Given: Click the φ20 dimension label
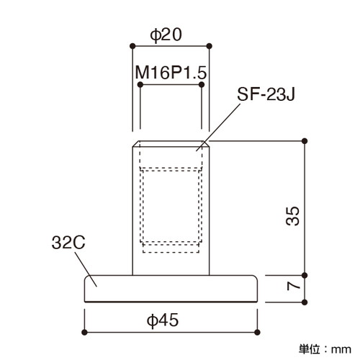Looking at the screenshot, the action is tap(166, 35).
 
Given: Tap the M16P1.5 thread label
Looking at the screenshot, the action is tap(171, 73).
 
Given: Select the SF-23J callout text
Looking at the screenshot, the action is tap(266, 94).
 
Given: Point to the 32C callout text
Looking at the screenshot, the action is tap(68, 243).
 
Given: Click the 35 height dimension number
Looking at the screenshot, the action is tap(293, 216).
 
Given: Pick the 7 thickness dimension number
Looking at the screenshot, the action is tap(293, 286).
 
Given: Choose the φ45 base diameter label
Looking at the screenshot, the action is tap(163, 320).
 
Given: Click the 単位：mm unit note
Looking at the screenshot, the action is tap(325, 349).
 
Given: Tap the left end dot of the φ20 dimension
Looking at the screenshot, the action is tap(132, 46).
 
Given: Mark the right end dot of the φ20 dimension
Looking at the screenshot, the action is tap(210, 46).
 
